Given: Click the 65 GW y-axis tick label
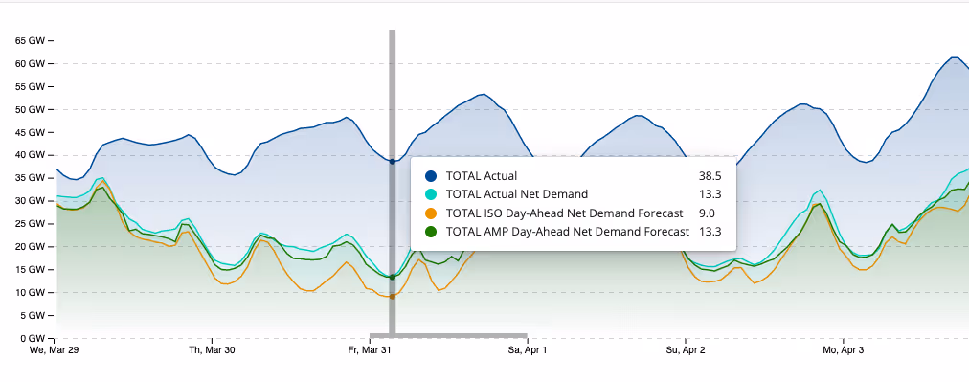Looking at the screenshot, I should tap(29, 41).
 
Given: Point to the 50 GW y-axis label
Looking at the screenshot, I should tap(29, 109).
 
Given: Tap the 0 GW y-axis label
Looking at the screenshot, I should tap(32, 338).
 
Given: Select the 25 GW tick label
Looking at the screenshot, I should tap(29, 224).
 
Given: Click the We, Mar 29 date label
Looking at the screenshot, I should tap(55, 351).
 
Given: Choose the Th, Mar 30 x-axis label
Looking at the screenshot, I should tap(213, 351).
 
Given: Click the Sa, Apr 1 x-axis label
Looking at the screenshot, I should tap(527, 351).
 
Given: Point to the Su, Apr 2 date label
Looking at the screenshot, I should tap(685, 351).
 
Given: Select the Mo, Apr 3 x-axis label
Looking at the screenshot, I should tap(843, 351).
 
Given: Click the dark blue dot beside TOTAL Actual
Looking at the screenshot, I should tap(432, 176).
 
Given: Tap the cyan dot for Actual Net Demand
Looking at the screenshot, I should tap(432, 194).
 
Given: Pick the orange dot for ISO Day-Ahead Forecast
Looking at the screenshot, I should tap(432, 213).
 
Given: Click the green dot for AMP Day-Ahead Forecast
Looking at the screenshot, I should tap(432, 232).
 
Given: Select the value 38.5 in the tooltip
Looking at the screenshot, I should tap(710, 176).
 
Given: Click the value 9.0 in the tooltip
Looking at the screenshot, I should tap(711, 213).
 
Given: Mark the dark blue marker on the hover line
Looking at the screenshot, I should tap(392, 161).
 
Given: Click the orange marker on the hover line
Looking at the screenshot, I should tap(392, 297).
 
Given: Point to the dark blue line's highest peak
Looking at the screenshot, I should tap(955, 57).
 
